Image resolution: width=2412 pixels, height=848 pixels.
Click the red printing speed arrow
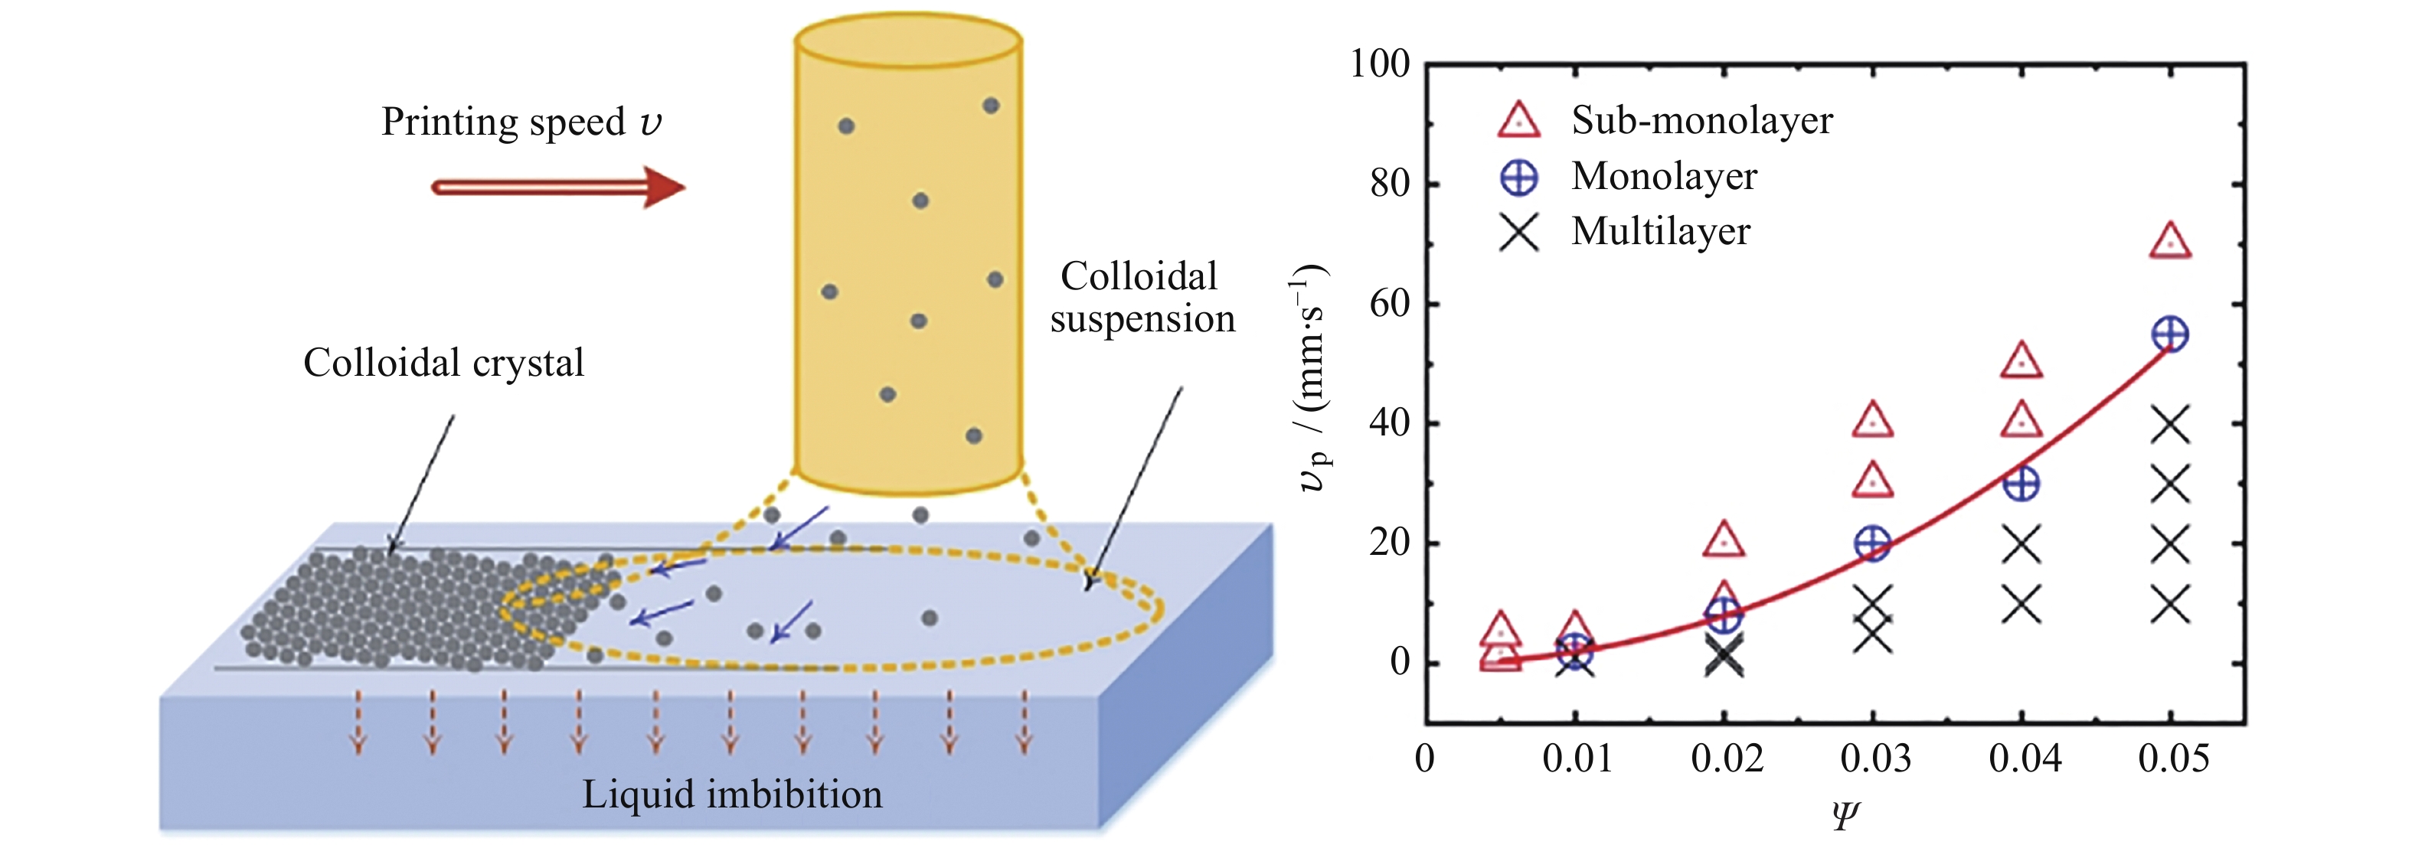pos(558,188)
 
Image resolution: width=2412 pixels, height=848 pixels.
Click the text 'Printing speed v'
pos(521,122)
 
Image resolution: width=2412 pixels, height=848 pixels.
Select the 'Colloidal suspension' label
pos(1142,298)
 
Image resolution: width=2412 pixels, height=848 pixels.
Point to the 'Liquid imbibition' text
pos(732,794)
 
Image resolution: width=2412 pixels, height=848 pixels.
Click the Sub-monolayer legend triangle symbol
pos(1518,122)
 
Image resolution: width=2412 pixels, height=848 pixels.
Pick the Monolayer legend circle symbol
pos(1518,177)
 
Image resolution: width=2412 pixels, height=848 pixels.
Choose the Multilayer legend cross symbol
pos(1518,232)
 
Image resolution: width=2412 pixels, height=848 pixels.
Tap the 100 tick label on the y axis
pos(1379,64)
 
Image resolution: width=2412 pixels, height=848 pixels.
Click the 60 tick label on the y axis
pos(1390,303)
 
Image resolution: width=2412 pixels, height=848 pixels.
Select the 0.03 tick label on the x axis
pos(1875,758)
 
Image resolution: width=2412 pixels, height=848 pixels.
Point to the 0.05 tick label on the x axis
pos(2173,758)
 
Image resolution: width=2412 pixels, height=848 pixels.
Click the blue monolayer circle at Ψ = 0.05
pos(2171,334)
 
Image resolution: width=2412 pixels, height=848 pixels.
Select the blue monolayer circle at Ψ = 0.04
pos(2021,484)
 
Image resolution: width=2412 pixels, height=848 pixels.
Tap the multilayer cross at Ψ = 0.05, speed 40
pos(2171,425)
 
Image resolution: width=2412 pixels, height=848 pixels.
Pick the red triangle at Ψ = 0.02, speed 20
pos(1724,541)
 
